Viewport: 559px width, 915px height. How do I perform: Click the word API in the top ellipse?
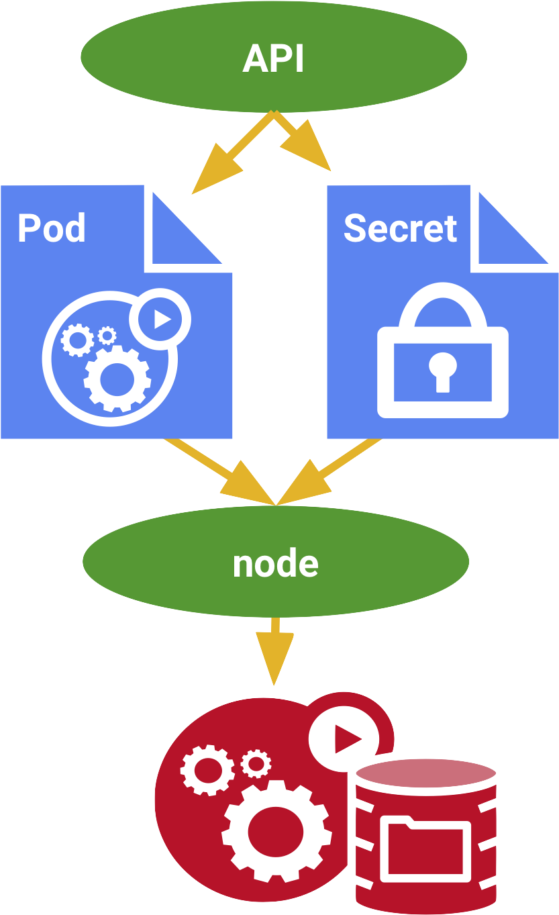(x=273, y=59)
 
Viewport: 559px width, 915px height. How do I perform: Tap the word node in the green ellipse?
(x=275, y=564)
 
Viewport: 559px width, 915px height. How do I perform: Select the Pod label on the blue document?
(x=52, y=228)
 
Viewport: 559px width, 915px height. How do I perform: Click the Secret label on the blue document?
(x=400, y=228)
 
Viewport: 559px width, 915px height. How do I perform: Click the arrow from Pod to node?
(x=221, y=473)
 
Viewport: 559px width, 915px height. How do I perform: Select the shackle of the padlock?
(x=443, y=305)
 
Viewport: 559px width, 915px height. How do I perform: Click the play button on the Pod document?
(x=160, y=319)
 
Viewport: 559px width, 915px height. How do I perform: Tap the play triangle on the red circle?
(x=345, y=740)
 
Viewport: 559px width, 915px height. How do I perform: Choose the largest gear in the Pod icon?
(x=117, y=378)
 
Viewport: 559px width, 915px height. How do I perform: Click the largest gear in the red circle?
(x=276, y=831)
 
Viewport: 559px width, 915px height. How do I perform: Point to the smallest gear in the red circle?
(x=256, y=763)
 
